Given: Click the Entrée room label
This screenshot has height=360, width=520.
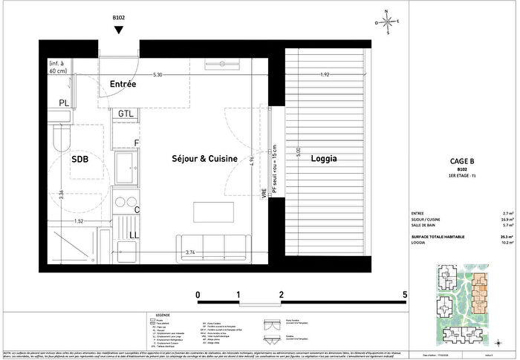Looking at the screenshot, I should click(x=123, y=84).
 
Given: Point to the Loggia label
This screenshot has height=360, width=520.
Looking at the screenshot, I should click(x=324, y=159).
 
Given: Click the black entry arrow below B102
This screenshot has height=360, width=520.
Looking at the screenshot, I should click(x=119, y=30).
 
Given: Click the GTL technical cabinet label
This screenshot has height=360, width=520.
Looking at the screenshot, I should click(x=126, y=114).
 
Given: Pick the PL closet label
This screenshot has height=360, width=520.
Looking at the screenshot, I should click(x=65, y=103).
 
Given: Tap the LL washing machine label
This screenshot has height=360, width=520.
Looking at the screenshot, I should click(x=134, y=236).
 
